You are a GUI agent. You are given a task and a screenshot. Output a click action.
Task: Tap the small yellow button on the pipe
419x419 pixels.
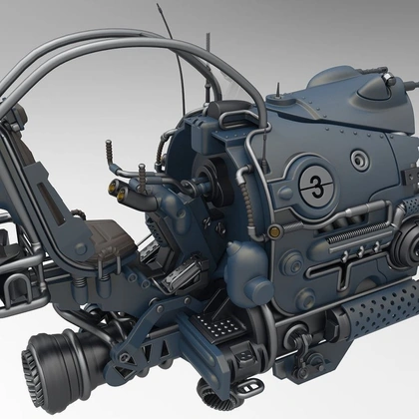coord(274,229)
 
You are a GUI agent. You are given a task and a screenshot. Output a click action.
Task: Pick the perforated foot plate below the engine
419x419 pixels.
coord(217,324)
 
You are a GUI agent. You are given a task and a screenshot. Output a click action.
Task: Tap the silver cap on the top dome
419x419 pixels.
coord(389,79)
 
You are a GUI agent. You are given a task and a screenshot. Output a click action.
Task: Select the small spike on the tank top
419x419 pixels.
coord(278,91)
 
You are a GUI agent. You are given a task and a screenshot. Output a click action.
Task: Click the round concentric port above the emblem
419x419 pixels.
coord(358,160)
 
